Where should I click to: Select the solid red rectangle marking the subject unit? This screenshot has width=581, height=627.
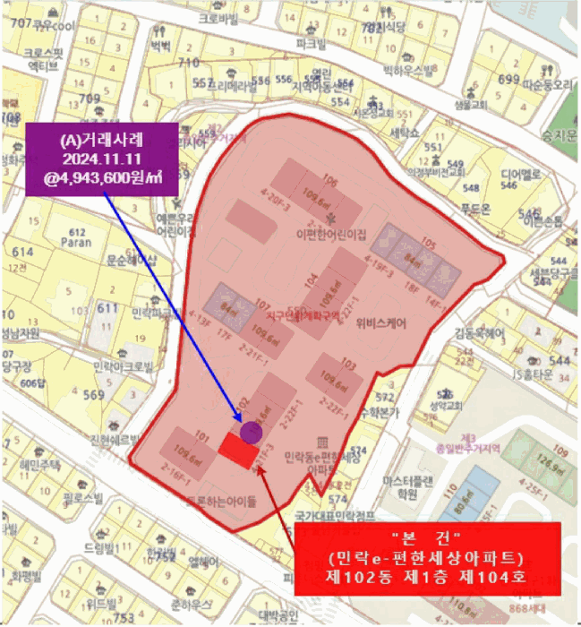coord(238,451)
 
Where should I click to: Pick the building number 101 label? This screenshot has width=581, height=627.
coord(201,438)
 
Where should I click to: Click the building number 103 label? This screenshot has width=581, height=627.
coord(348,365)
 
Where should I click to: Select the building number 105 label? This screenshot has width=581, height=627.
coord(428,244)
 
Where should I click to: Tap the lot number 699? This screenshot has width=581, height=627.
coord(508,80)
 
